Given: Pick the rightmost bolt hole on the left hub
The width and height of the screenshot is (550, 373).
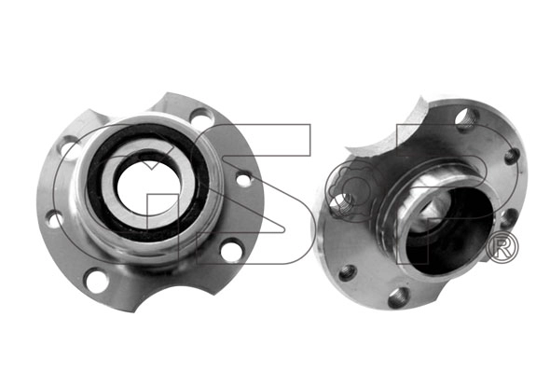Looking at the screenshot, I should pyautogui.click(x=244, y=178).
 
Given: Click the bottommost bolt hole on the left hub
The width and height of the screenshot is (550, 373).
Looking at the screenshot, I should pyautogui.click(x=95, y=278).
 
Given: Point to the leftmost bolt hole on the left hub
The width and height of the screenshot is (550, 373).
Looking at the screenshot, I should pyautogui.click(x=54, y=219).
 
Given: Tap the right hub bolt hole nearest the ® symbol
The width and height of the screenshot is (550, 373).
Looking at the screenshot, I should pyautogui.click(x=508, y=218).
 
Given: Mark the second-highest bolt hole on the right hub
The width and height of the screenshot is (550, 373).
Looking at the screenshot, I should pyautogui.click(x=511, y=156).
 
